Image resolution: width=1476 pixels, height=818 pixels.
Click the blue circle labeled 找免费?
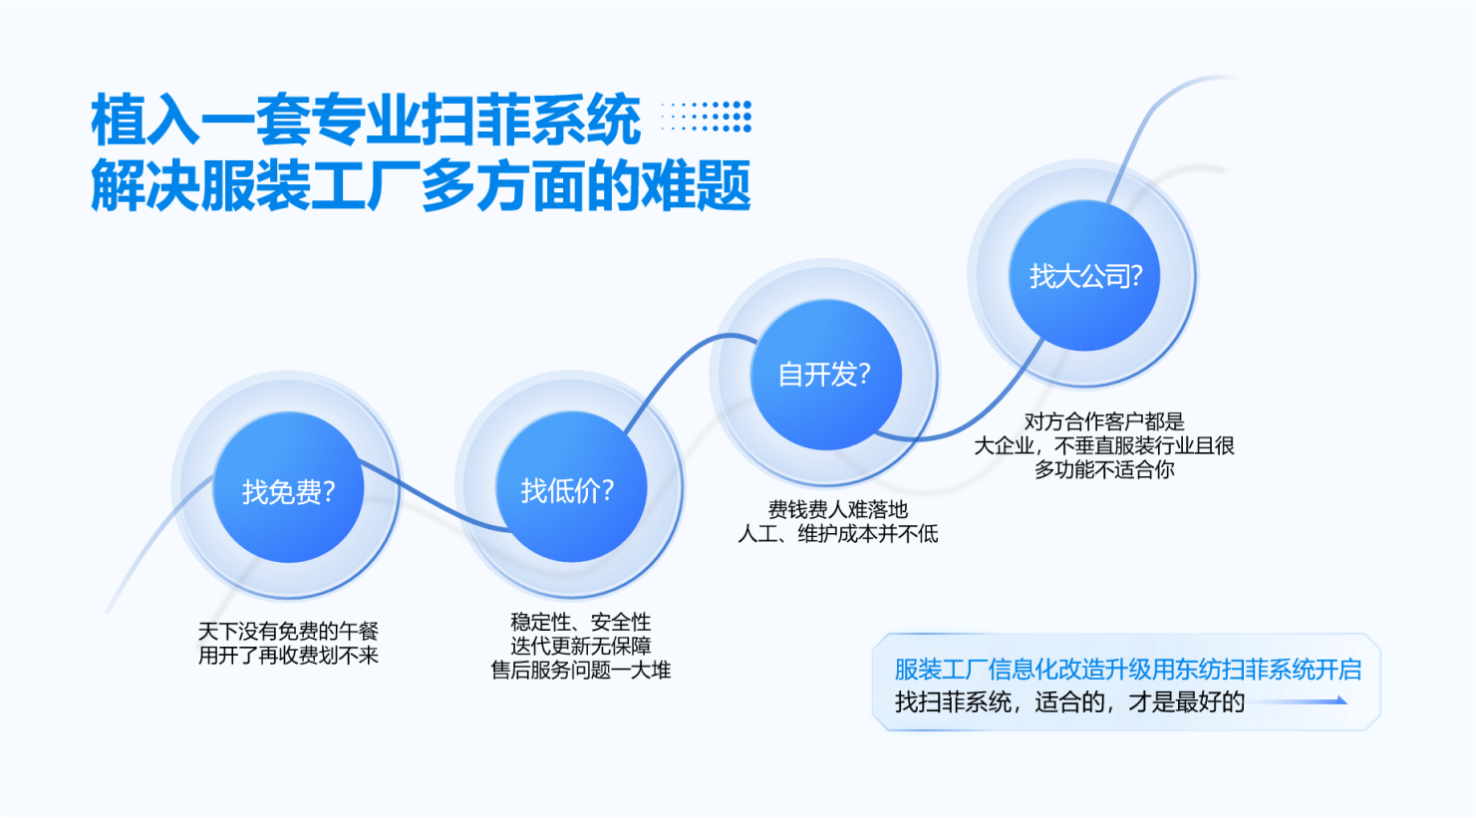tap(288, 487)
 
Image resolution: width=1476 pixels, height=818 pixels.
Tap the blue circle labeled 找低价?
tap(571, 487)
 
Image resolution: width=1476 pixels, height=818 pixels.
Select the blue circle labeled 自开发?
tap(825, 375)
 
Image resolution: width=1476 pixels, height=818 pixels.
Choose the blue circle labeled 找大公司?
tap(1084, 275)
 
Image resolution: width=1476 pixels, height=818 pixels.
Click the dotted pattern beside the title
tap(706, 117)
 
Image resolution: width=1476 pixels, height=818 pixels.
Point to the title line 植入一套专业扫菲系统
tap(366, 120)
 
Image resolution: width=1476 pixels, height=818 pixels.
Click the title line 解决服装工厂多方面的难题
tap(421, 185)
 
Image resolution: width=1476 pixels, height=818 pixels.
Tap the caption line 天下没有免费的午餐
tap(288, 631)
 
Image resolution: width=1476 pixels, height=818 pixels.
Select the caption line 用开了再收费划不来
tap(288, 656)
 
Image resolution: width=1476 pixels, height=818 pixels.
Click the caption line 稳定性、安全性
tap(580, 621)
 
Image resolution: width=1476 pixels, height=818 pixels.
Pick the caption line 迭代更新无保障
tap(580, 646)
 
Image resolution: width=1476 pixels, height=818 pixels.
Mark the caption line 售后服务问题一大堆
tap(580, 670)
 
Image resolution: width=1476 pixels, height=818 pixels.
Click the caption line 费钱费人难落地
tap(837, 509)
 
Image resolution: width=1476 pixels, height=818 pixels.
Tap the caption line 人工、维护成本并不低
tap(837, 533)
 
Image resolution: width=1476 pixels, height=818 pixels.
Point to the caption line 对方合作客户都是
tap(1103, 420)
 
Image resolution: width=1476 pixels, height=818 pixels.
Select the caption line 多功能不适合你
tap(1103, 469)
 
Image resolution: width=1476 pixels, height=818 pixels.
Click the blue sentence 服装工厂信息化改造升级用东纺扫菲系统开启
tap(1127, 670)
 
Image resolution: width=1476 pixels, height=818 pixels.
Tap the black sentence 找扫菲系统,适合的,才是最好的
tap(1069, 702)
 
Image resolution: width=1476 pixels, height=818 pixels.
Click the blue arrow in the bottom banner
tap(1297, 700)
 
